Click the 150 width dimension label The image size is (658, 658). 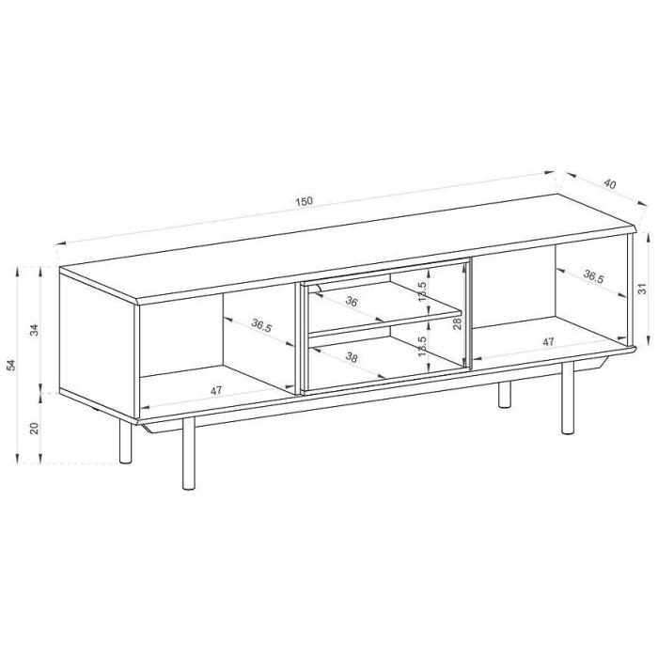(304, 201)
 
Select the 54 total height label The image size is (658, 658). (11, 365)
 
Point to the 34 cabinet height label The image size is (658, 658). (36, 330)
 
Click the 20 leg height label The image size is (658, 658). (36, 428)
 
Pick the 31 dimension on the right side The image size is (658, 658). (642, 289)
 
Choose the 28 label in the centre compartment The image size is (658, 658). (457, 322)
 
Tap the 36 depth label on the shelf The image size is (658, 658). (352, 301)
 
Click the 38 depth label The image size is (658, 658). (352, 357)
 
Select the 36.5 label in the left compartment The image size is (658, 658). (261, 325)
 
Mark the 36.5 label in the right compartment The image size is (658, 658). (593, 276)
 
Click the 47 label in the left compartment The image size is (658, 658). (215, 391)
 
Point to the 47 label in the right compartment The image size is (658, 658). (548, 342)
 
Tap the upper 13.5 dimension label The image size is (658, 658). (423, 291)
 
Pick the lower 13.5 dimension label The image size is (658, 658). (423, 346)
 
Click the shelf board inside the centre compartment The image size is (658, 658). (385, 323)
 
